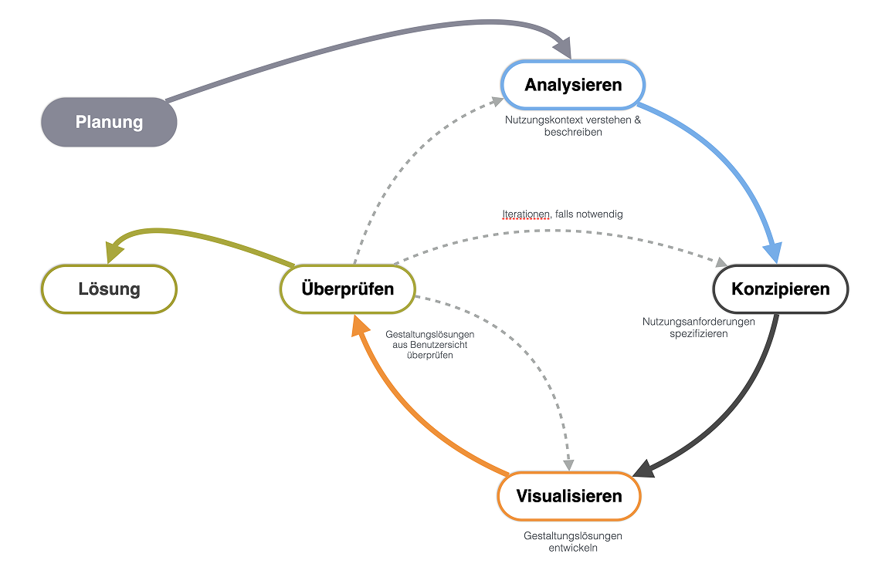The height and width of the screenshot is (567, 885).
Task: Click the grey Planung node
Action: [x=109, y=122]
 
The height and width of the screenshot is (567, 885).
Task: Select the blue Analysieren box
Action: [x=573, y=85]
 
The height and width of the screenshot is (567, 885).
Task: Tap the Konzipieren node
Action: [x=780, y=289]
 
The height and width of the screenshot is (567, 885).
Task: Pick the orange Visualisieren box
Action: [x=569, y=495]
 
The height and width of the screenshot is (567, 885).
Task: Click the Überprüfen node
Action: [x=348, y=289]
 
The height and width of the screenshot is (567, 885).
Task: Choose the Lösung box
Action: [x=109, y=289]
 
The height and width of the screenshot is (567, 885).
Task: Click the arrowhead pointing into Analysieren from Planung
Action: [x=564, y=49]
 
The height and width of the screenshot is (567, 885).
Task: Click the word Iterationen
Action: [x=525, y=214]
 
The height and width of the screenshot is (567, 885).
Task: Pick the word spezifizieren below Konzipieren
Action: [x=698, y=333]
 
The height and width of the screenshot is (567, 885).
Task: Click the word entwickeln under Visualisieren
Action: [x=572, y=548]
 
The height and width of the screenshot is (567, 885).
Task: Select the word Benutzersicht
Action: [x=434, y=345]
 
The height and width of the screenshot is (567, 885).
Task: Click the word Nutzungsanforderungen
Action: [x=698, y=322]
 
